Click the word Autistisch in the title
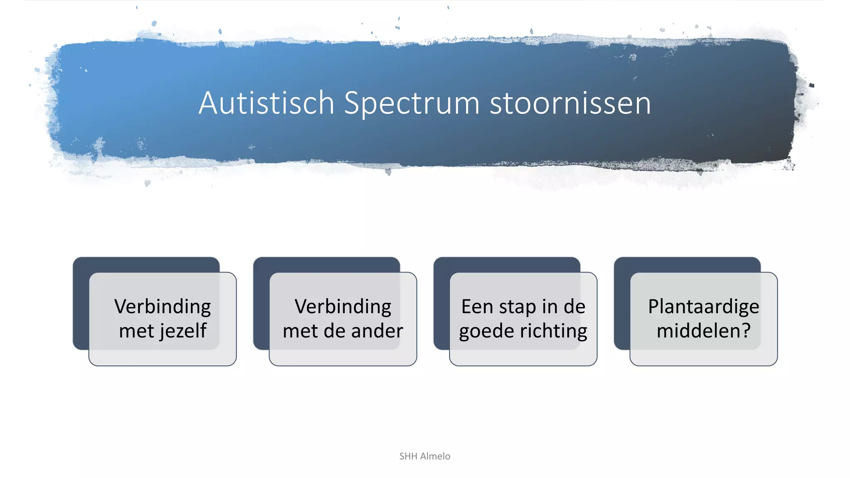point(266,103)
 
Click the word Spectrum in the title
point(411,104)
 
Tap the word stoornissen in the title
point(570,103)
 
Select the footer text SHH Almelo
point(425,456)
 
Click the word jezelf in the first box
point(183,331)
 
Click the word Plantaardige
point(703,307)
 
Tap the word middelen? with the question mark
point(703,331)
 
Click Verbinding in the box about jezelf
point(162,307)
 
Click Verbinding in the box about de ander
point(343,307)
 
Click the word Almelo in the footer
point(435,456)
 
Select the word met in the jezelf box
point(136,331)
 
